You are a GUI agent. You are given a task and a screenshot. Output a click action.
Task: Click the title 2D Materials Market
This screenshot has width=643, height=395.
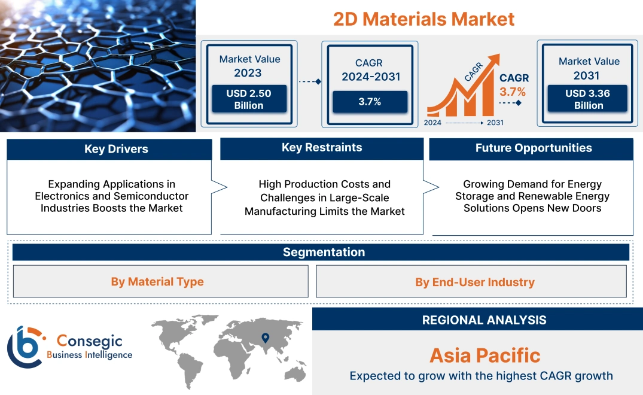[x=423, y=19]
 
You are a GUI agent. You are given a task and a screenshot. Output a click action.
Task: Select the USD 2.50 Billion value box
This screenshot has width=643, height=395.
[x=248, y=99]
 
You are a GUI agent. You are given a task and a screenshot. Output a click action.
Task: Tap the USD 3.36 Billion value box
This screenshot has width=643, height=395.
[x=589, y=99]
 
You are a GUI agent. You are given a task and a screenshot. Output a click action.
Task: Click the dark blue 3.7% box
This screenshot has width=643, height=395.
[x=370, y=102]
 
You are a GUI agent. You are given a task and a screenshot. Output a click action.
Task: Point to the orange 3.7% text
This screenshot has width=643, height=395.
[x=513, y=92]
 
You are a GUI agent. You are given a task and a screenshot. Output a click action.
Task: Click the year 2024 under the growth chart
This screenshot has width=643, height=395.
[x=433, y=123]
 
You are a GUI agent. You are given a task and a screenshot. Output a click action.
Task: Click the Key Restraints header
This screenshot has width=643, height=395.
[x=322, y=148]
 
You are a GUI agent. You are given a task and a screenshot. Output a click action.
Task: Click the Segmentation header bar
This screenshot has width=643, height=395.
[x=324, y=252]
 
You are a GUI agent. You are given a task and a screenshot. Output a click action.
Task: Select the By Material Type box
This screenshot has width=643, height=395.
[x=157, y=281]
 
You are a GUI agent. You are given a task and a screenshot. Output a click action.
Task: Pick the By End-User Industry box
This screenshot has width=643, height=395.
[x=475, y=282]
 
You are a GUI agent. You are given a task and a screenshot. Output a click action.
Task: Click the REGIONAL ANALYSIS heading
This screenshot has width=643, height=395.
[x=484, y=320]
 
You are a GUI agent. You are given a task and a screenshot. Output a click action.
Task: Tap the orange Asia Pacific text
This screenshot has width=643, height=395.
[x=484, y=355]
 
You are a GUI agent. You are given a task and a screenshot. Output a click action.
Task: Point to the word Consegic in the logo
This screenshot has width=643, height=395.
[x=89, y=341]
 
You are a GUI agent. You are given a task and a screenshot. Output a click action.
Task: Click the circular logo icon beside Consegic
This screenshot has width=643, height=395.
[x=26, y=347]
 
